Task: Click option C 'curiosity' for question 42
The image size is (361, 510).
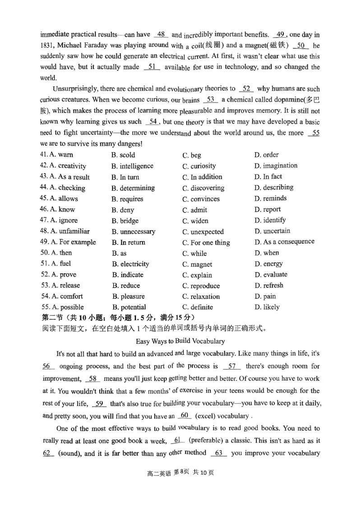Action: click(199, 166)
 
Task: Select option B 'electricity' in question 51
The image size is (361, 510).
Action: click(130, 264)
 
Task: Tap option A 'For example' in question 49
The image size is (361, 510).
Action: click(68, 242)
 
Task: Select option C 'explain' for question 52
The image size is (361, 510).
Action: click(197, 275)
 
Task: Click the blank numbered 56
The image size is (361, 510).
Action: click(48, 366)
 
